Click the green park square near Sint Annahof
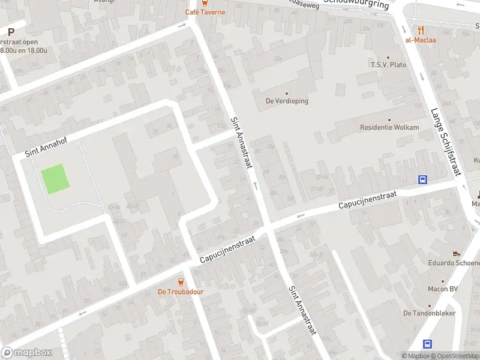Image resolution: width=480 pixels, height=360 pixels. (54, 179)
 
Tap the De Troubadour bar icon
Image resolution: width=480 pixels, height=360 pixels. (181, 281)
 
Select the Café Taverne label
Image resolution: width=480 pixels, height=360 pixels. (205, 12)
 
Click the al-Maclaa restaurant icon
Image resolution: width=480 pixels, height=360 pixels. (421, 29)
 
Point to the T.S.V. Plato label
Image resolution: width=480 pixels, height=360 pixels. (388, 65)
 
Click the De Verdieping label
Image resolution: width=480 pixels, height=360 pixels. (287, 101)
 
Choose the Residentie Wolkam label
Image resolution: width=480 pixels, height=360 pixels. (389, 127)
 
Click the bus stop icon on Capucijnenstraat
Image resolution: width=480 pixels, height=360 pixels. (423, 179)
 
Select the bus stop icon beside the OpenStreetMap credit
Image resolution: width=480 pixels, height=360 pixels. (428, 344)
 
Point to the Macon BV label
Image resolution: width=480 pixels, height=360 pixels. (444, 289)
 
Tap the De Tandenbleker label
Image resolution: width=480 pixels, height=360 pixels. (429, 313)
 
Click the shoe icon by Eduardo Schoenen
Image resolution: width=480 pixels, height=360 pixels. (457, 253)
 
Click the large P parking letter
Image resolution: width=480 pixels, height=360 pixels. (10, 32)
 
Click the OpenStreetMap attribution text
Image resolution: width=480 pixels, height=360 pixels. (455, 356)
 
